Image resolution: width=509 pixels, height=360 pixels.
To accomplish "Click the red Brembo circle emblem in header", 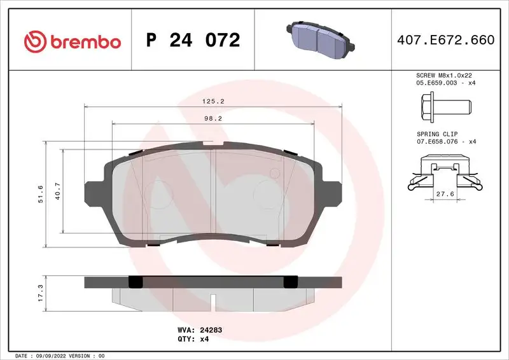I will click(x=35, y=41).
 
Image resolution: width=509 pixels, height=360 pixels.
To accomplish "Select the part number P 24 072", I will click(x=193, y=41).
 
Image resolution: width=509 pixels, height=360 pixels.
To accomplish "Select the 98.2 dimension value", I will click(x=212, y=118).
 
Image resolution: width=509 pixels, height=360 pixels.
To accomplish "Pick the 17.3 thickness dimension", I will click(x=41, y=293).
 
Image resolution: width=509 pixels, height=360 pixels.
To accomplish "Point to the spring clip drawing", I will click(x=443, y=174).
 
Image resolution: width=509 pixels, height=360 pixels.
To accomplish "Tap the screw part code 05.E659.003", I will click(x=433, y=83).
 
